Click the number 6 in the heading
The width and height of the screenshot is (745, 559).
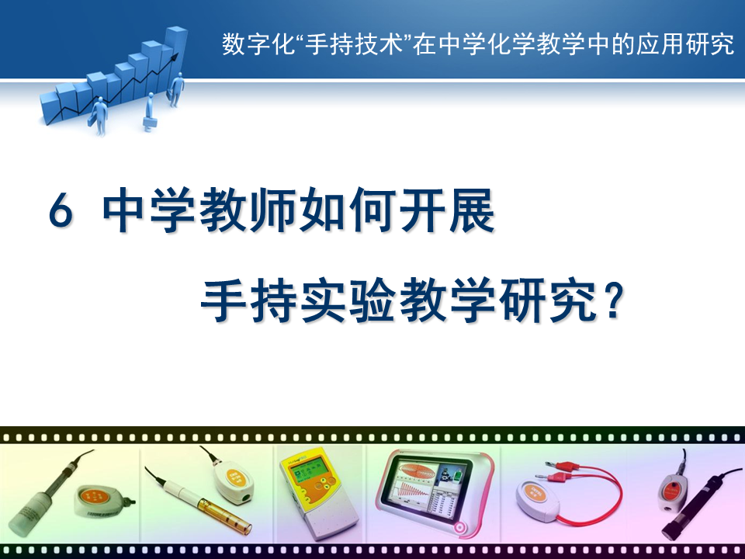click(61, 211)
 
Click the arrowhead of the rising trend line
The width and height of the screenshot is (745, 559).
click(175, 57)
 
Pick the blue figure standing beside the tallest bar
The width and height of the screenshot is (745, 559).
click(176, 89)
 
